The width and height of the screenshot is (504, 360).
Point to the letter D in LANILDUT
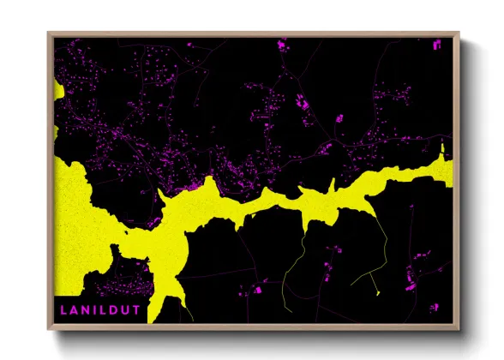114,306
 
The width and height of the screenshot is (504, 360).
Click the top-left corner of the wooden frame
48,33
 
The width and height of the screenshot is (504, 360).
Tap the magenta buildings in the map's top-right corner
440,45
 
